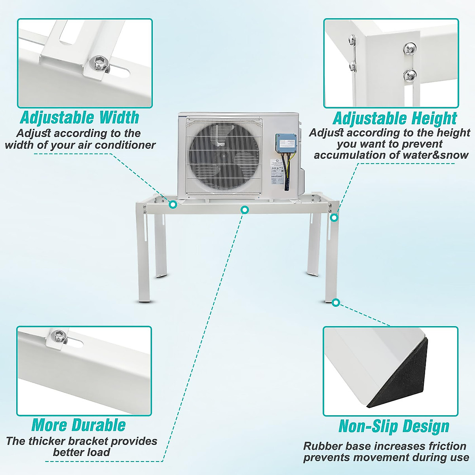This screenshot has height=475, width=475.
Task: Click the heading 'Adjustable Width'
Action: coord(80,118)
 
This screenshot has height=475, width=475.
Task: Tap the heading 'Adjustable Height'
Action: coord(395,118)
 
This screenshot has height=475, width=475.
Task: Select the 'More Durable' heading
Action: coord(78,425)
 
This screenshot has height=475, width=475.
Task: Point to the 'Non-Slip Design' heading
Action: coord(394,426)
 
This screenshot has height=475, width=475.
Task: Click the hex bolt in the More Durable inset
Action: coord(59,335)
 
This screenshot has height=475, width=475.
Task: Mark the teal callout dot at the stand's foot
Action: coord(336,303)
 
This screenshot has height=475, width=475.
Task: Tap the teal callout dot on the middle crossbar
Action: coord(245,209)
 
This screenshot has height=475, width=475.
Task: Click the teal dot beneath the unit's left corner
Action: coord(173,204)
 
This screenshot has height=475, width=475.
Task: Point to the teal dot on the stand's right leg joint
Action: coord(334,217)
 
